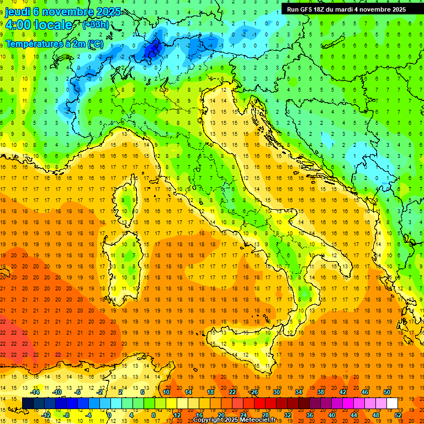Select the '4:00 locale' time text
[x=39, y=25]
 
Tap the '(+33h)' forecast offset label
[x=96, y=24]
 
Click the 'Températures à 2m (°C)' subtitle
[x=54, y=43]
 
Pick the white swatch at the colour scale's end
[x=392, y=403]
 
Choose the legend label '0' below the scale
[x=109, y=415]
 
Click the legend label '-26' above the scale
[x=253, y=392]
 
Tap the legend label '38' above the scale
[x=320, y=392]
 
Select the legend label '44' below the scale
[x=354, y=415]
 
